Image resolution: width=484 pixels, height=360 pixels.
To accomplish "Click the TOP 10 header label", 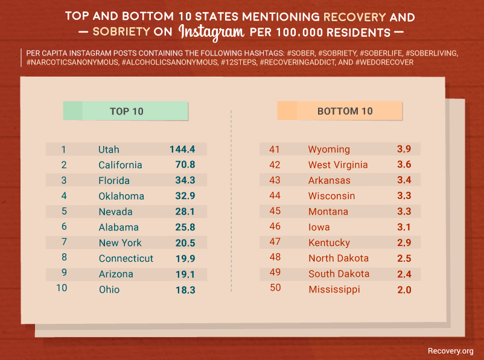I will tap(126, 111).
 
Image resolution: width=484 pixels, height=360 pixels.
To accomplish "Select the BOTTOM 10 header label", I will tap(345, 111).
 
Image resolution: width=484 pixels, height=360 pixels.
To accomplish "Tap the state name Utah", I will tap(109, 150).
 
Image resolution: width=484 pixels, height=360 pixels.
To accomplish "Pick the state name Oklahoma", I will tap(121, 196).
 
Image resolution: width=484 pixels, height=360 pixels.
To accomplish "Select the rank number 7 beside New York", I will tap(63, 242).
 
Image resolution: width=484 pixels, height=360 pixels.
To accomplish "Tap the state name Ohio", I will tap(109, 289).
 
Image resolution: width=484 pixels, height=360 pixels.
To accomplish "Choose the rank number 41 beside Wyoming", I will tap(275, 150).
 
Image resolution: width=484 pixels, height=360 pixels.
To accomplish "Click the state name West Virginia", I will tap(337, 165).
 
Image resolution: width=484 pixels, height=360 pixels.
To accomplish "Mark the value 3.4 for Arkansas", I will tap(404, 180).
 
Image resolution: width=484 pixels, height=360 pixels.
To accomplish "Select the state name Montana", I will tap(328, 212).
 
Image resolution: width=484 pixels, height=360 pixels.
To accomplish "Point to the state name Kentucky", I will tap(329, 243).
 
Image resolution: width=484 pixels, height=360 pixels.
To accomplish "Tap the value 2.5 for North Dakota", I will tap(404, 258).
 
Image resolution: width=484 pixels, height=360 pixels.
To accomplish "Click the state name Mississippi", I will tap(334, 289).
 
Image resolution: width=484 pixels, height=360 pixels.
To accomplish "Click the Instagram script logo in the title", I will tap(211, 31).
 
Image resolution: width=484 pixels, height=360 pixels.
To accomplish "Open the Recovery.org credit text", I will tap(450, 351).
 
